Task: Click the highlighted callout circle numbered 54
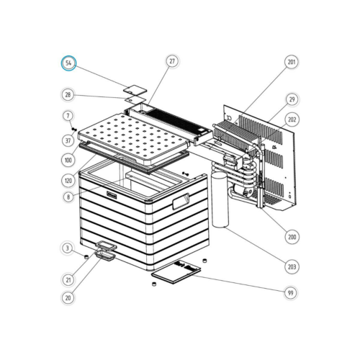68,63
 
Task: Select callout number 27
172,62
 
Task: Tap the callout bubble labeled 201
292,63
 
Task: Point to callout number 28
68,95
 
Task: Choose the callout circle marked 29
292,99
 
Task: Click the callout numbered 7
68,116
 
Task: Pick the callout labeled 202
292,119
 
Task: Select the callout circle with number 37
68,140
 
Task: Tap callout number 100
68,160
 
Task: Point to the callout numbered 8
68,197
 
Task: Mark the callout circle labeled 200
292,236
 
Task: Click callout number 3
68,248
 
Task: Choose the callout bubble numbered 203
292,267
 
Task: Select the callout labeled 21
68,279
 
